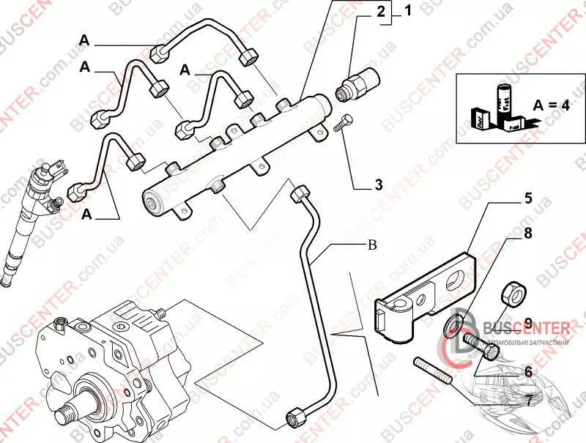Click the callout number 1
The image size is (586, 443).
click(407, 11)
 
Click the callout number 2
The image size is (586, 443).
click(381, 12)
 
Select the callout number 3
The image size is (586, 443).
click(378, 185)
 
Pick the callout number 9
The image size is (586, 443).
click(526, 323)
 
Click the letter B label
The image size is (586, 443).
click(371, 245)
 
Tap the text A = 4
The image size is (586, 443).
click(552, 105)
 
